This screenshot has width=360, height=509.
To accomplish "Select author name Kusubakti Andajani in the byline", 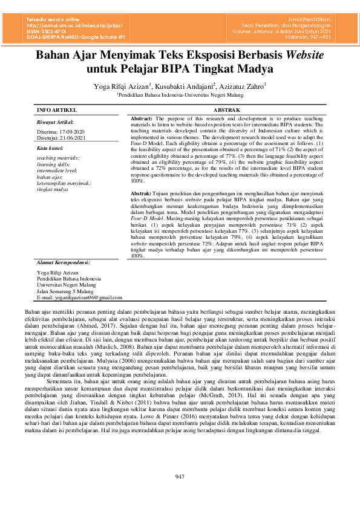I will tap(186, 86).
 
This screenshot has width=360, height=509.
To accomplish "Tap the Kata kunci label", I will tap(50, 148).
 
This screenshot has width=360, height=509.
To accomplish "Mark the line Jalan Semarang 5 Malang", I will tap(65, 291).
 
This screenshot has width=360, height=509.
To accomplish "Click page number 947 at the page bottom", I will tap(180, 478).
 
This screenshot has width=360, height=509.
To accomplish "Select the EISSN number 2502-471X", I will tap(57, 31).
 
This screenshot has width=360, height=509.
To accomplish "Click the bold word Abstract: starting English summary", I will tap(142, 119).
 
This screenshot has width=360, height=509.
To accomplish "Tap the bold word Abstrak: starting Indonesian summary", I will tap(141, 192).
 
